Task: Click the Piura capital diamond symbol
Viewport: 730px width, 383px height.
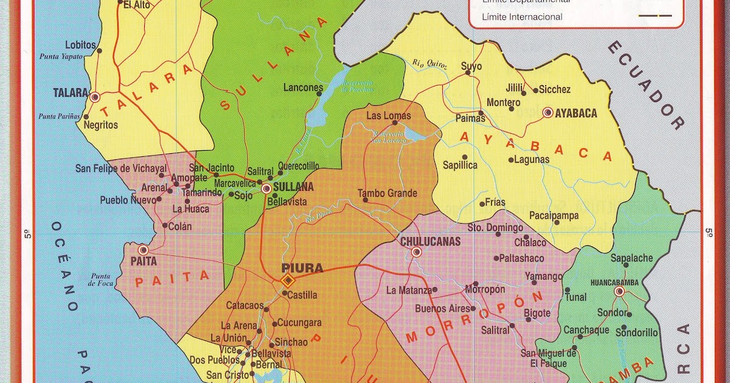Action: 288,280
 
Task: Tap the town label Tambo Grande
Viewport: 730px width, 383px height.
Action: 388,193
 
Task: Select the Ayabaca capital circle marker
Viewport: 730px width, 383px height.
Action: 547,112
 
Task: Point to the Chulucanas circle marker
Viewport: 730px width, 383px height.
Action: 417,252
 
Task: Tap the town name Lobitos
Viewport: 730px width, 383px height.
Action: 81,45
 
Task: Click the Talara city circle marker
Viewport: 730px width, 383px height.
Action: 95,96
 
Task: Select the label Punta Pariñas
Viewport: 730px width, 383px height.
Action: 60,116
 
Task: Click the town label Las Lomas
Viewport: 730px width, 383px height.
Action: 389,116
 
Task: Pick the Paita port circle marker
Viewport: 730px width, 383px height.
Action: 144,249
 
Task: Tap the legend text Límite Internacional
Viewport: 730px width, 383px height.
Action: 522,17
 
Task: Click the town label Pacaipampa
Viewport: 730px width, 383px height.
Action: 554,216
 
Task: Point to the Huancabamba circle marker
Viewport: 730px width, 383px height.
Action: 619,291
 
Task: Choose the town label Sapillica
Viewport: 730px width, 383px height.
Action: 460,165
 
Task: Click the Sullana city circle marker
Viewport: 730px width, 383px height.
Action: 266,188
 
